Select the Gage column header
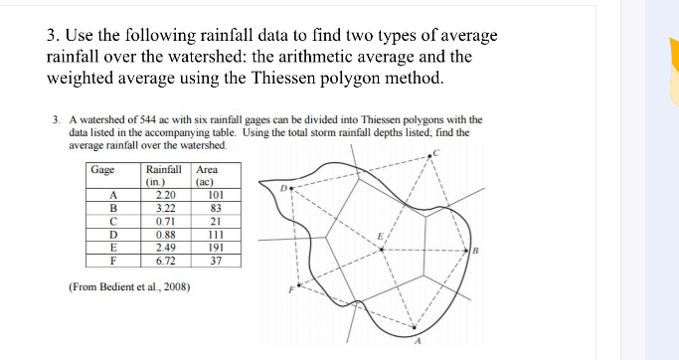(102, 169)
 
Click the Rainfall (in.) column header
(163, 176)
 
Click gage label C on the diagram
(433, 151)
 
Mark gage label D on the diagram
(282, 185)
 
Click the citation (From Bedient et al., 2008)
(130, 287)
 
